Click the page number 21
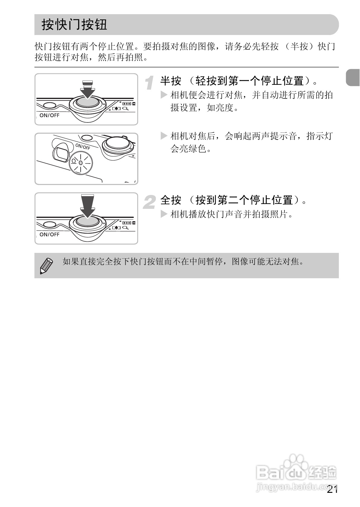[332, 489]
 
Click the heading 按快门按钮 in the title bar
[74, 24]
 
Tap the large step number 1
[149, 83]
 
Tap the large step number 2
[149, 202]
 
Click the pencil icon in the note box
[46, 266]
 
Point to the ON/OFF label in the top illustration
[50, 115]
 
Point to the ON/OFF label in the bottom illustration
[50, 234]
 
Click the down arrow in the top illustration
[88, 90]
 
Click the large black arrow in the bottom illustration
[88, 206]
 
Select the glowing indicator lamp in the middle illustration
[81, 163]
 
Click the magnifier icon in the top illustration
[125, 109]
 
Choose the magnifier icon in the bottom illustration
[125, 228]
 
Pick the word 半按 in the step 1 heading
[171, 81]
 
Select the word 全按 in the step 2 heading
[171, 200]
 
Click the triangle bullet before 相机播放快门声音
[164, 214]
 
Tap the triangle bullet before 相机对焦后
[164, 136]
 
